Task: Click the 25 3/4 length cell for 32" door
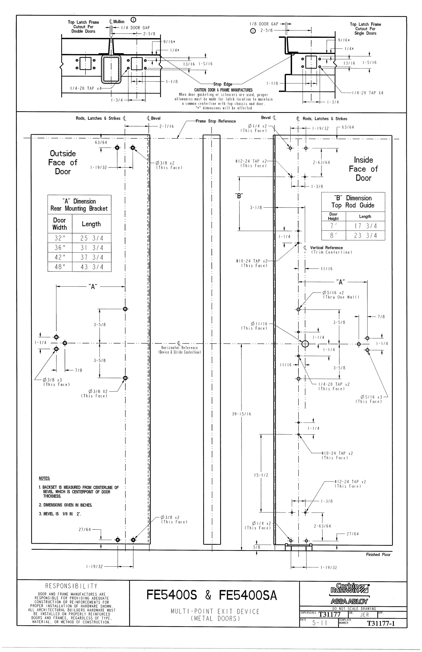(92, 238)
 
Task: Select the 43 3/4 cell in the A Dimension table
(92, 267)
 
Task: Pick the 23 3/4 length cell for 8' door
(365, 236)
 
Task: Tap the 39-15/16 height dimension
(241, 414)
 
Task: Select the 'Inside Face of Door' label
(363, 169)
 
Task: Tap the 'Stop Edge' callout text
(223, 84)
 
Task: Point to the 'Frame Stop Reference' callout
(215, 121)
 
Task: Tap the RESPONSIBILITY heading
(71, 586)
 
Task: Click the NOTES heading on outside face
(44, 478)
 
